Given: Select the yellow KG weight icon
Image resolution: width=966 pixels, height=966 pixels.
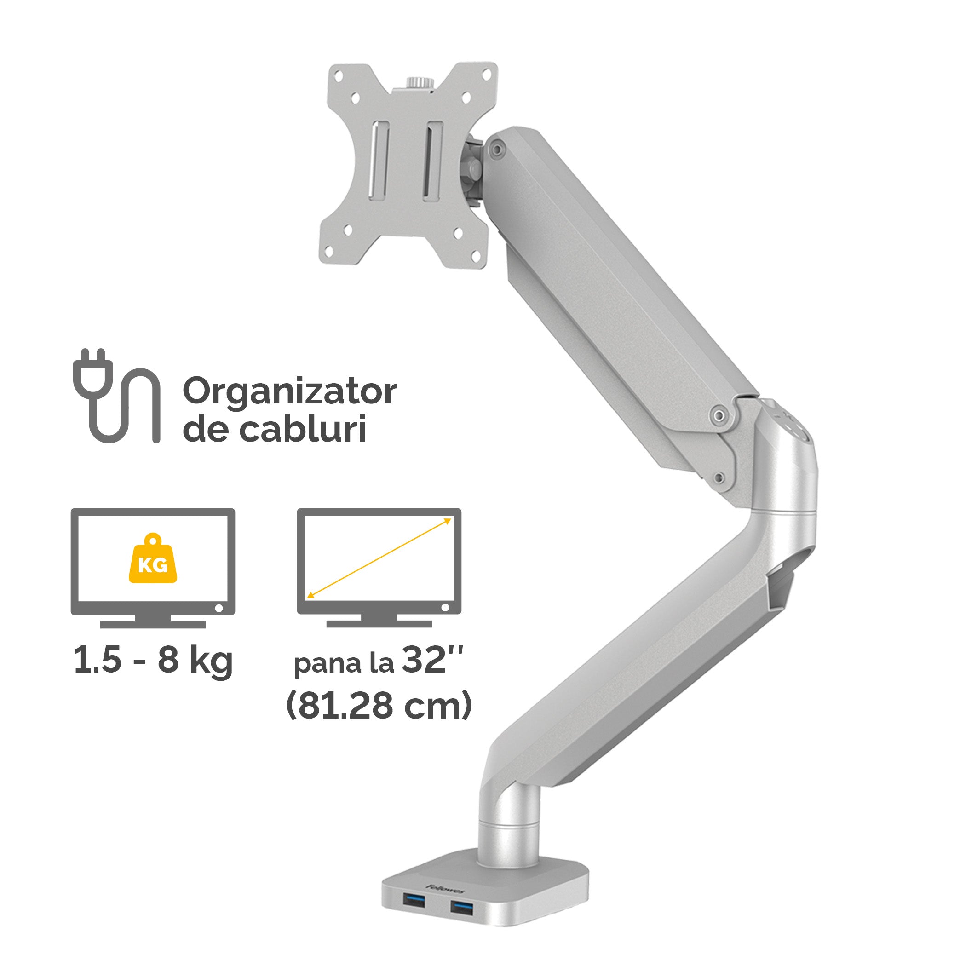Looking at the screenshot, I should [153, 559].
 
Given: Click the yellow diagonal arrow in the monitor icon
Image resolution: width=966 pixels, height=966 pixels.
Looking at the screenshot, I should [379, 558].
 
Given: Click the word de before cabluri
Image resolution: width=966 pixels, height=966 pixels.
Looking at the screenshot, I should [205, 430].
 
